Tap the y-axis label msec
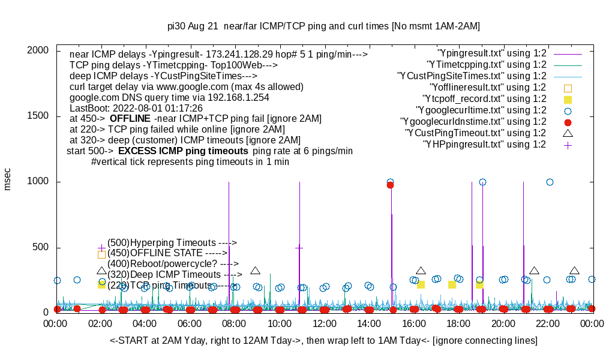(x=8, y=179)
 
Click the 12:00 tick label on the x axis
(x=325, y=324)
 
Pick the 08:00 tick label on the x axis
(x=235, y=324)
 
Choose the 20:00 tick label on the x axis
(x=503, y=324)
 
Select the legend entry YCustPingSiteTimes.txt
(x=472, y=76)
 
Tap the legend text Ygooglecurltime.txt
(x=481, y=110)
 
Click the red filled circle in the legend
(x=568, y=122)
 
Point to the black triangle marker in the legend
(x=568, y=133)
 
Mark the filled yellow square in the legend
(x=568, y=99)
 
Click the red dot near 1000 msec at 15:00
(x=390, y=185)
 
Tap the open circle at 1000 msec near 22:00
(x=550, y=182)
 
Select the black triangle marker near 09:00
(x=255, y=271)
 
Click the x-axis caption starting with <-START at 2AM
(x=323, y=341)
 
